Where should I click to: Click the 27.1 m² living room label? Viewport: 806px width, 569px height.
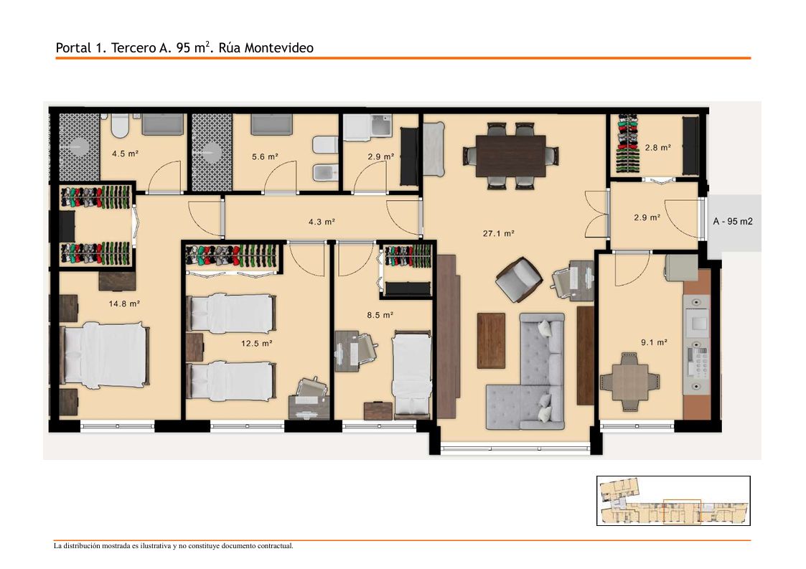point(498,233)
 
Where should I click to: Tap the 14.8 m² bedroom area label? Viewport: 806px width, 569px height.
point(124,304)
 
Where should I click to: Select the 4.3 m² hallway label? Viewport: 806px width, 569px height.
point(322,222)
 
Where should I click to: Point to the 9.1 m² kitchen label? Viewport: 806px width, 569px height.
point(654,342)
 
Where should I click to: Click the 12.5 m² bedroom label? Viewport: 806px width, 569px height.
point(256,344)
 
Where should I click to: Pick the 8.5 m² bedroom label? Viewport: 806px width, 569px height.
point(380,315)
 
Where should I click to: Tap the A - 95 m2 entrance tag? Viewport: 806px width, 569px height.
point(733,222)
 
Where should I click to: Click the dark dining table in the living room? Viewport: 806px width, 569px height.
point(510,156)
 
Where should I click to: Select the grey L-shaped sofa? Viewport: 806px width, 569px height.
point(526,372)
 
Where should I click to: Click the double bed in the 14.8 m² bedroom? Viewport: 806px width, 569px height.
point(105,354)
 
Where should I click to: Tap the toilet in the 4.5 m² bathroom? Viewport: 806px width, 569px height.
point(121,126)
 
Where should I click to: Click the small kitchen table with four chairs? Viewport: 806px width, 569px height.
point(629,382)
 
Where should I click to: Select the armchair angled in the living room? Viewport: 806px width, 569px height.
point(519,280)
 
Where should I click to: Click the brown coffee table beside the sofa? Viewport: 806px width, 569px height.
point(491,340)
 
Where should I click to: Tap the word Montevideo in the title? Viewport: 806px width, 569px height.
point(278,48)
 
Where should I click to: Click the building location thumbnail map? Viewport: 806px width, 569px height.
point(673,501)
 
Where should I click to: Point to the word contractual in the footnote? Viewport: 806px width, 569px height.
point(276,546)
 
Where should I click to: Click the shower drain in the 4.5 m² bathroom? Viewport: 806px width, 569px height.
point(79,146)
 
